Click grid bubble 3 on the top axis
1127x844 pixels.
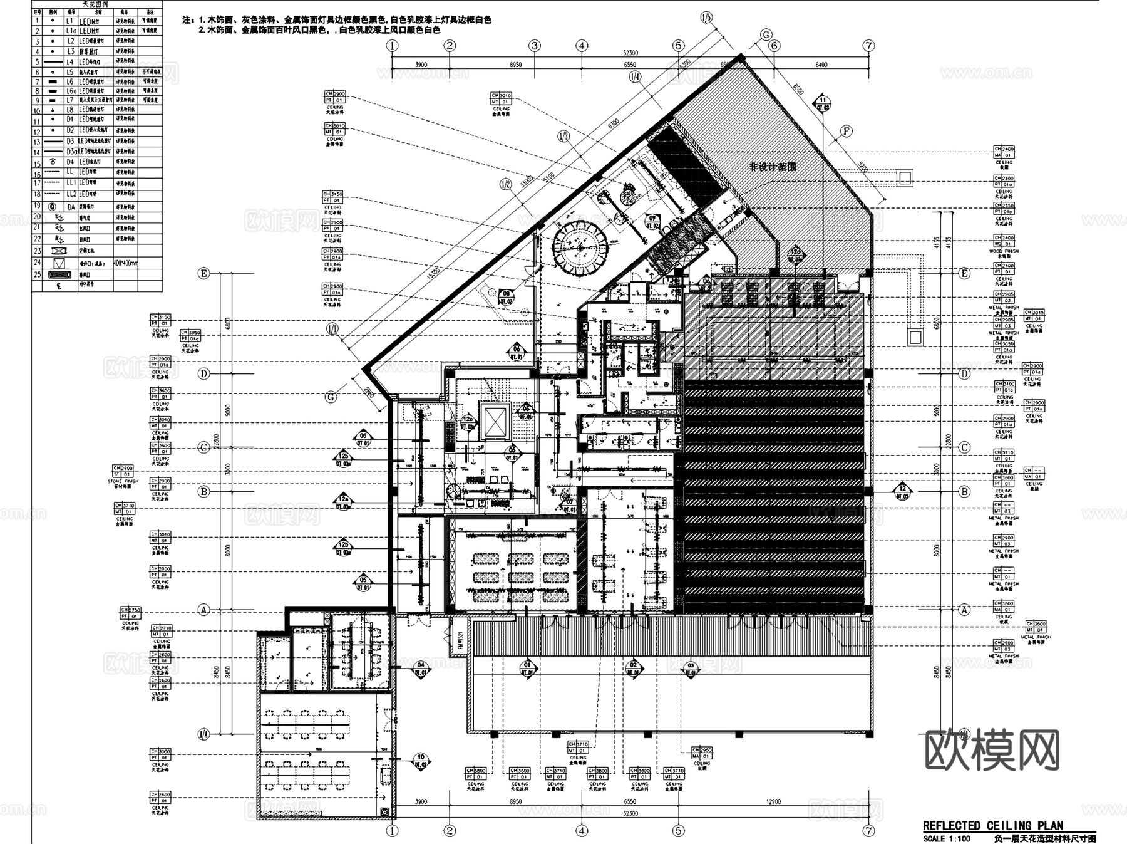[x=534, y=45]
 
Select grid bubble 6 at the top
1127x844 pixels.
[x=774, y=46]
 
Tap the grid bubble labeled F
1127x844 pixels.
[x=846, y=131]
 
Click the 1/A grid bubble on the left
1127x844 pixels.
[x=203, y=734]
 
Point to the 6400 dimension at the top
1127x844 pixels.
[x=821, y=65]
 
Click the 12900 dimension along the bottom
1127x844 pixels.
[x=774, y=801]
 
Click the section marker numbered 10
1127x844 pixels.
[x=421, y=761]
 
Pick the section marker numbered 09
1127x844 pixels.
[x=652, y=221]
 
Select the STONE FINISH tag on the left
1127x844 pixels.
[x=123, y=474]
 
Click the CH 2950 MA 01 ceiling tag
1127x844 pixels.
[x=702, y=753]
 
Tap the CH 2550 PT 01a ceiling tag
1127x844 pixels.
[x=1004, y=209]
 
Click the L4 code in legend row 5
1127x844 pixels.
[x=70, y=62]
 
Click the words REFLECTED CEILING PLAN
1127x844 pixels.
[x=992, y=826]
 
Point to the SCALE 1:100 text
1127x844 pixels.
[x=946, y=838]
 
